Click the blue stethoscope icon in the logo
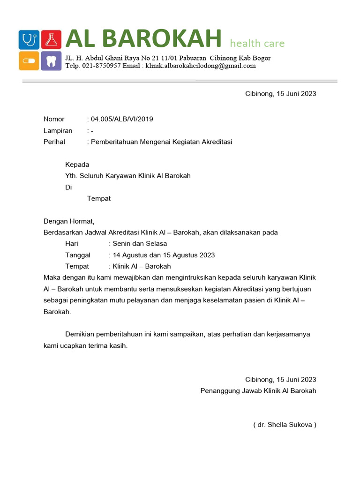point(29,39)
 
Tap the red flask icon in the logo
point(51,39)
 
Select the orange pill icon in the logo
point(29,61)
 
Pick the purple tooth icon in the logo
point(51,61)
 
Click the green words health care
point(257,44)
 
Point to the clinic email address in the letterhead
point(201,66)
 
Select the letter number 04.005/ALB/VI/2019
point(122,119)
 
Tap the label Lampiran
point(58,130)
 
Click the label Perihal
point(54,142)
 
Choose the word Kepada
point(77,165)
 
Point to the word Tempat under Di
point(98,198)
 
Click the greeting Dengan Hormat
point(69,221)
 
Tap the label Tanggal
point(79,255)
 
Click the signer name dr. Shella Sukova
point(285,425)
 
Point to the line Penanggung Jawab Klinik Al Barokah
point(258,390)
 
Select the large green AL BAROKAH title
point(143,39)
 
